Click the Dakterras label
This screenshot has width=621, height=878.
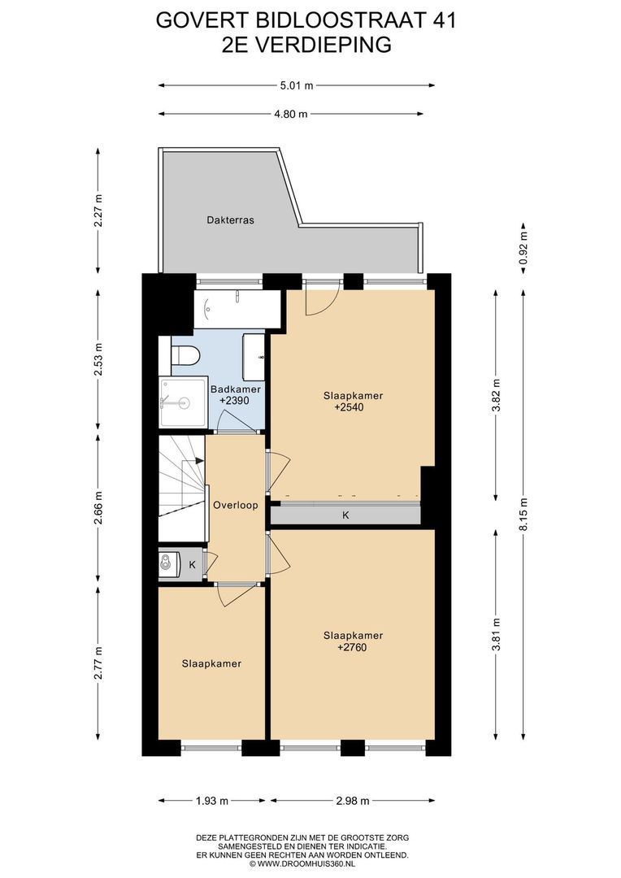pos(230,220)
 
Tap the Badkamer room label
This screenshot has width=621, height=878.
pos(235,389)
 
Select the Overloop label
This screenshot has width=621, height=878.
pos(235,505)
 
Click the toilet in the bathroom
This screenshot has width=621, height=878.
pos(185,355)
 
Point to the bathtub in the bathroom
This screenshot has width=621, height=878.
pos(237,309)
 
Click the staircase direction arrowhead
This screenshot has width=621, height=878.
pos(200,461)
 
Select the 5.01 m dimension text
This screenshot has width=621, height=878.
pos(296,85)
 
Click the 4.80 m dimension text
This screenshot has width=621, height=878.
pos(291,115)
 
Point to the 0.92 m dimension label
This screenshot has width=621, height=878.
pos(523,248)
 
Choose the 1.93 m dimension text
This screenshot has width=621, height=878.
pos(211,801)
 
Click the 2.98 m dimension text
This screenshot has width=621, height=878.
pos(353,801)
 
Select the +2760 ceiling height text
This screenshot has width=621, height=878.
pos(352,647)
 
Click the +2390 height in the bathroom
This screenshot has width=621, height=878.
pos(234,401)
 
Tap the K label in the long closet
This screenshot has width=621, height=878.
pos(345,515)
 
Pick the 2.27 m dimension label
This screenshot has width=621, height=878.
pos(98,211)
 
